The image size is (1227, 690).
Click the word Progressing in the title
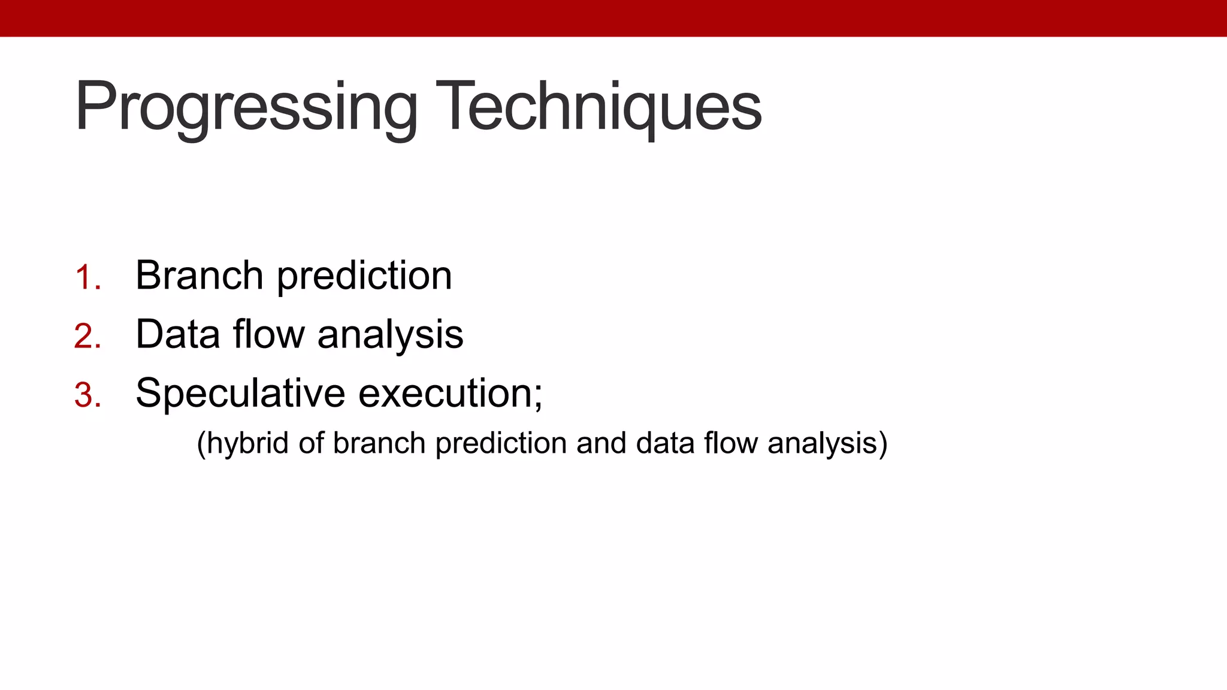(246, 108)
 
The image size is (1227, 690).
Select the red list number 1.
(87, 278)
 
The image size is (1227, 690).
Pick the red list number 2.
(87, 337)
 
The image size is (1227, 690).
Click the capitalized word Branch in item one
(199, 276)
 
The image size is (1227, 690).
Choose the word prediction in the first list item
(364, 277)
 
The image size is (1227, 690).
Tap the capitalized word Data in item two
(177, 334)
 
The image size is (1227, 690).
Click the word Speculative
(240, 394)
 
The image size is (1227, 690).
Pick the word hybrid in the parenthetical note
(248, 444)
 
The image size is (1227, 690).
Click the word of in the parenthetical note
(311, 444)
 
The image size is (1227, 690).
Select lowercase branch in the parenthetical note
(379, 444)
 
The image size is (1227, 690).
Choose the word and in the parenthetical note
(601, 444)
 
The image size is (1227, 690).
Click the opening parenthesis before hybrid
(201, 445)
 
